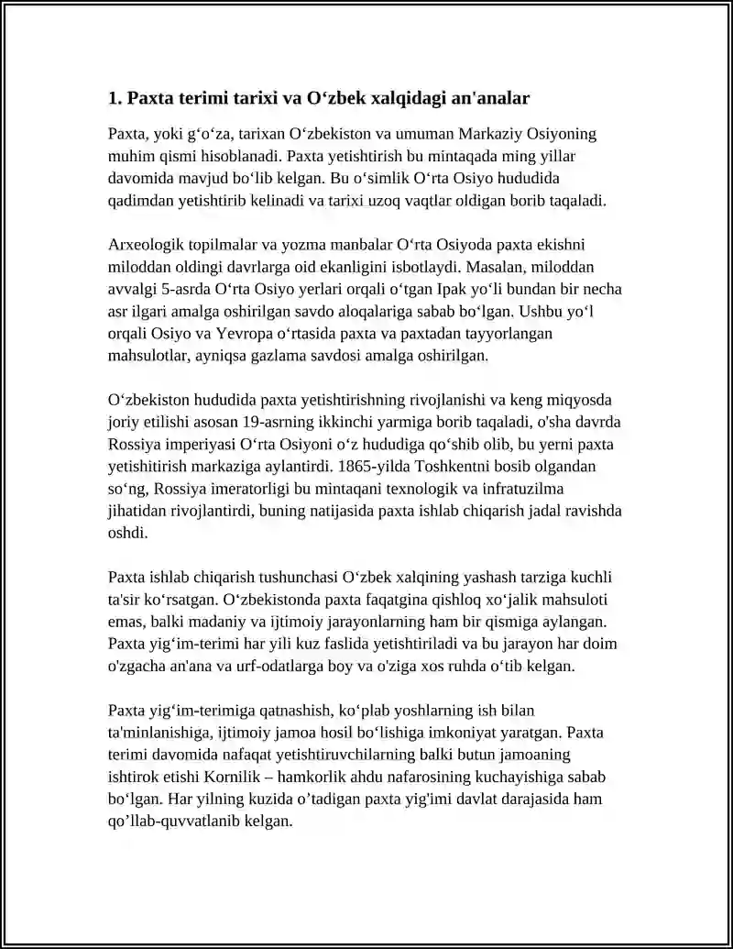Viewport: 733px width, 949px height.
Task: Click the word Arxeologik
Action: click(x=147, y=246)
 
